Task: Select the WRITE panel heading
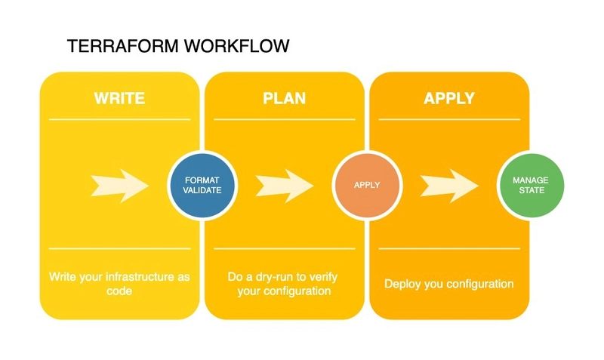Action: click(x=119, y=98)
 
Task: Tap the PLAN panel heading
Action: click(x=284, y=98)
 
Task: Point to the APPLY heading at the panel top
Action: click(x=449, y=98)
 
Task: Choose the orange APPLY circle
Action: click(x=367, y=185)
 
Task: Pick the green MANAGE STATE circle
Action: click(x=530, y=186)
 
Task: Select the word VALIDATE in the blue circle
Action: click(x=202, y=191)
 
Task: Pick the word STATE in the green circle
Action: click(x=530, y=190)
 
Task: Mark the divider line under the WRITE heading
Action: click(x=119, y=119)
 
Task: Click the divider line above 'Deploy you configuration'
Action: click(x=449, y=248)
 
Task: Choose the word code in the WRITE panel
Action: click(x=119, y=291)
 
